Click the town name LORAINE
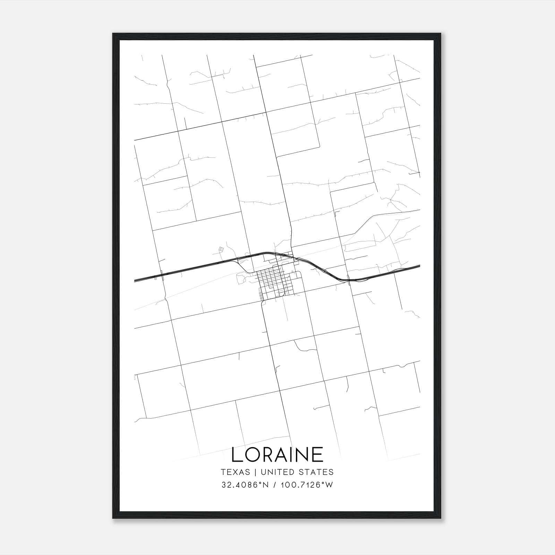point(277,454)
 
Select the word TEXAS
point(235,472)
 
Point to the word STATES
point(316,472)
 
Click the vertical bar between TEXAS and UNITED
point(255,472)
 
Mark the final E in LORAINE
point(319,454)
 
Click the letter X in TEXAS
point(235,472)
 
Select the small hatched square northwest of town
point(221,249)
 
